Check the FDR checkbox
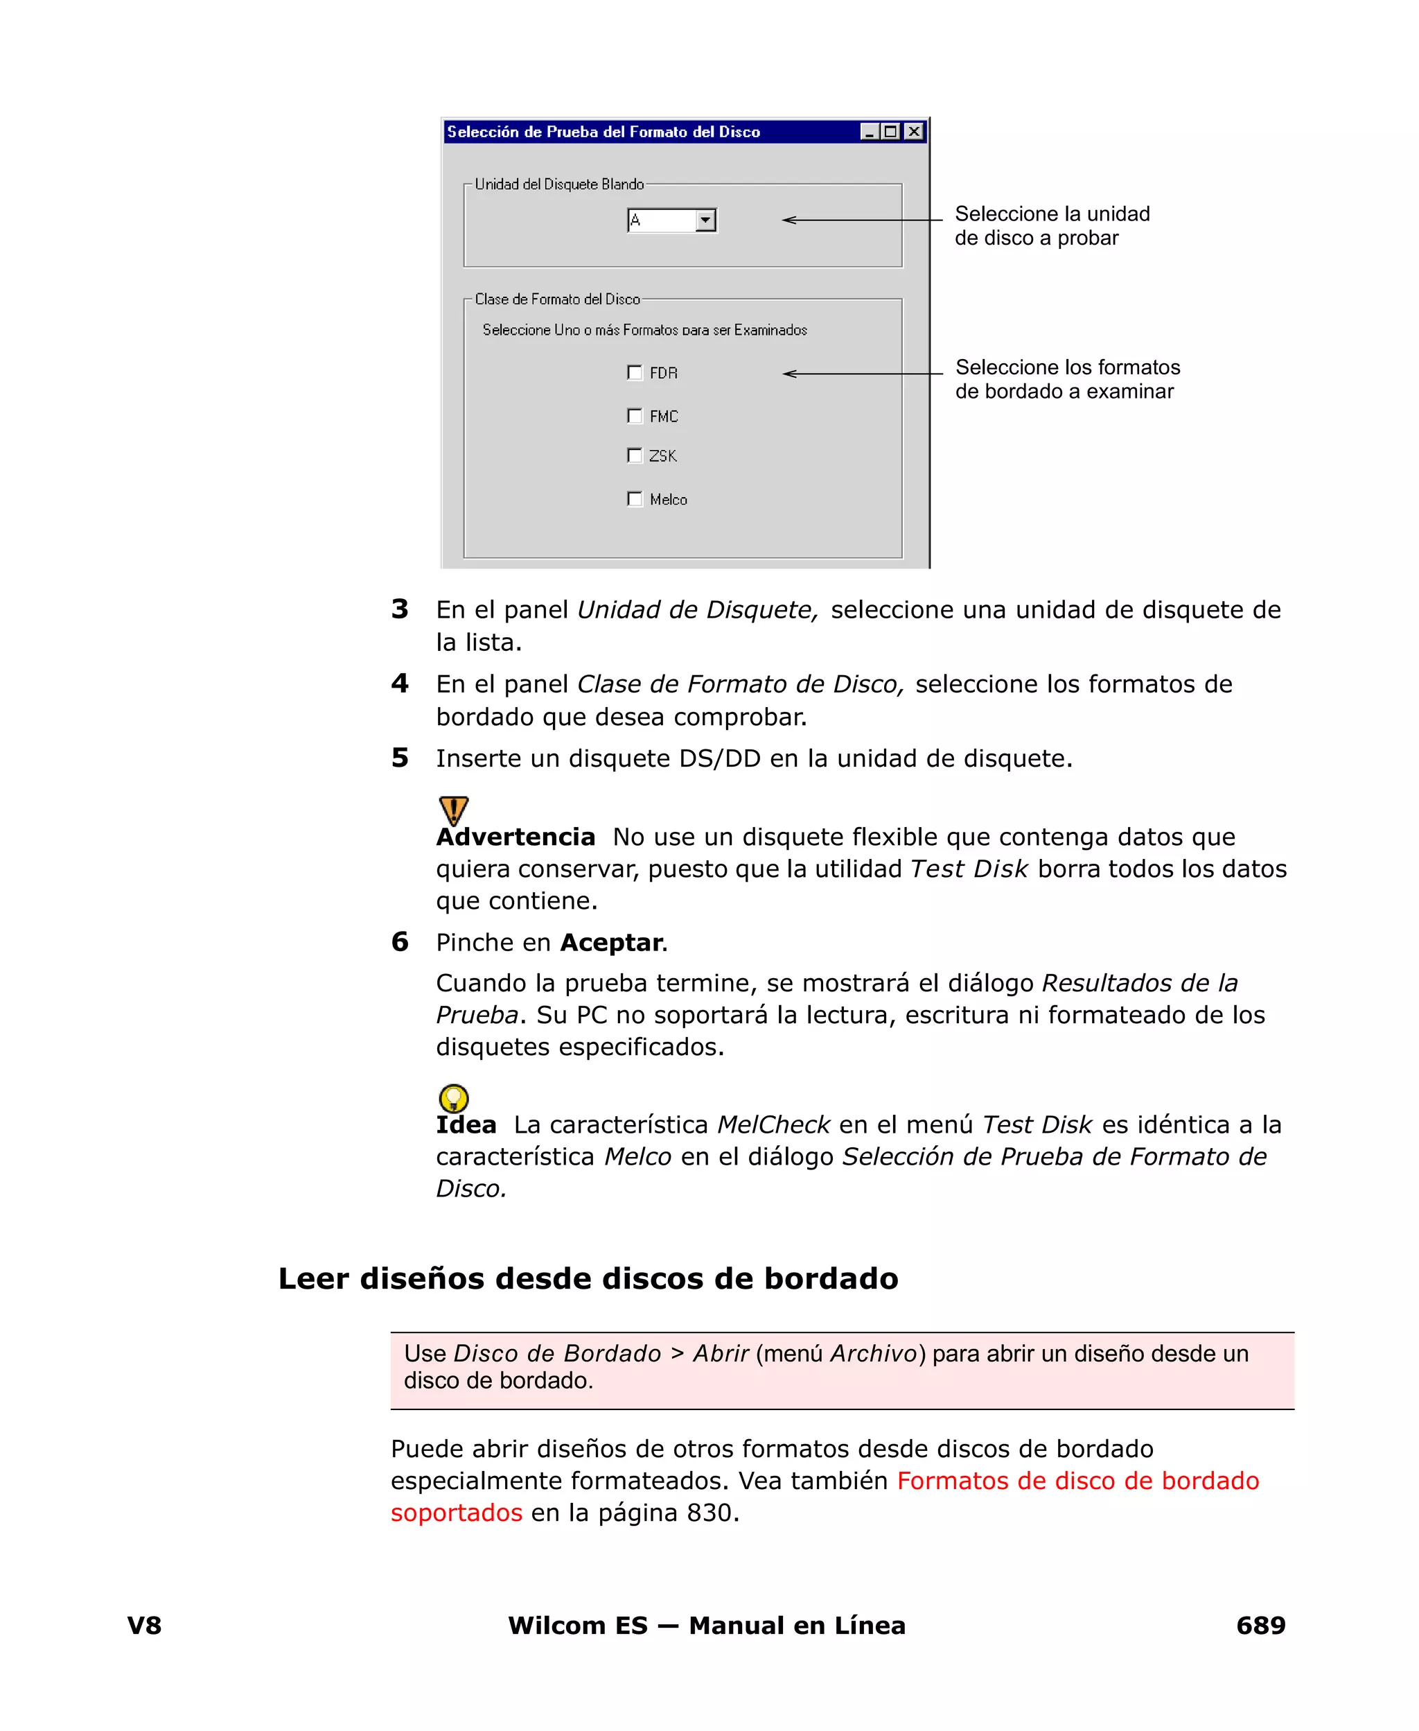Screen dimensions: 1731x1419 (x=634, y=373)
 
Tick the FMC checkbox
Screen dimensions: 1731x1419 (x=634, y=416)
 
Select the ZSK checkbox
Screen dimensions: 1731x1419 (x=634, y=455)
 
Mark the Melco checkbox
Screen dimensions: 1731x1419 (x=634, y=498)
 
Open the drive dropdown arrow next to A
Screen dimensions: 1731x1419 (x=705, y=220)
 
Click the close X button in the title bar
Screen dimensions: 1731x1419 (x=915, y=132)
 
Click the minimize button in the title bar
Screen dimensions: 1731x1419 (x=870, y=132)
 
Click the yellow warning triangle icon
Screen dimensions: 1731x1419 (x=454, y=810)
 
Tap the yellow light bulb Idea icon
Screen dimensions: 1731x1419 (x=454, y=1098)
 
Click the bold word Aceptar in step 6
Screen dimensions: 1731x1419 (x=610, y=943)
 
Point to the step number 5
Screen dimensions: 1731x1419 (x=400, y=758)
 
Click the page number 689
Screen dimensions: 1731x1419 (x=1260, y=1626)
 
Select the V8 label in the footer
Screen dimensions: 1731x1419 (x=145, y=1626)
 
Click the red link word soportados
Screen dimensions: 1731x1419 (x=456, y=1513)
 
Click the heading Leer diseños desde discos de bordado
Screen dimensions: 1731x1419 (x=588, y=1279)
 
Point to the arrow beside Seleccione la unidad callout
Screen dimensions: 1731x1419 (x=863, y=220)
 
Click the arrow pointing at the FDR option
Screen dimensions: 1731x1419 (x=863, y=374)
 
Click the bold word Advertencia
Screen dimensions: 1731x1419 (x=515, y=837)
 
